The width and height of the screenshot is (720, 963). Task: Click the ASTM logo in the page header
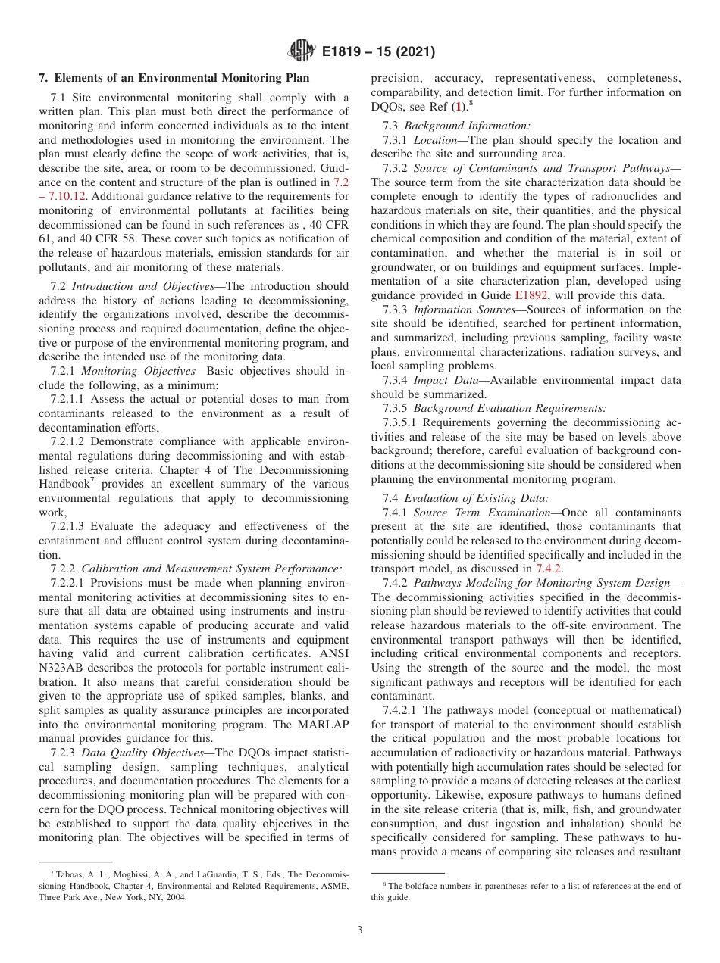pos(302,52)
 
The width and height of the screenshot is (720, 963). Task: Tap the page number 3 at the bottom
pos(359,930)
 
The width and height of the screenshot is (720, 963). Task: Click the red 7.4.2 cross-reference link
pos(548,569)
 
